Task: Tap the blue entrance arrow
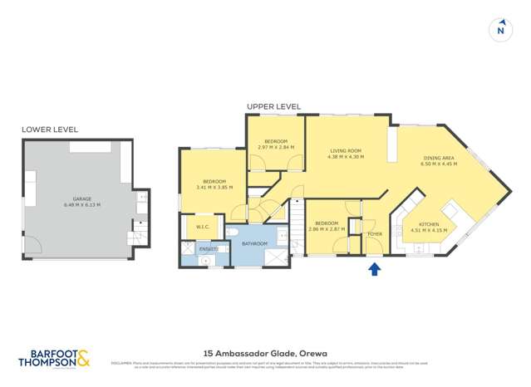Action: (375, 269)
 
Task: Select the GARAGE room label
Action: (81, 199)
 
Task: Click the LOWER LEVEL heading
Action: (50, 130)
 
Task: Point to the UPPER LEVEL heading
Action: (273, 106)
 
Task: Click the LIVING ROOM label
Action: (346, 151)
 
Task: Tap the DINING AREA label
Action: (439, 158)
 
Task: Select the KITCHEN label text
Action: (429, 224)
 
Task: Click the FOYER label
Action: (374, 234)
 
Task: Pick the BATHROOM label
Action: (254, 243)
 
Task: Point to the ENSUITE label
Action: (207, 249)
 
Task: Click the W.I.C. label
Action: (202, 226)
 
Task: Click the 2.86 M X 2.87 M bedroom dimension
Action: (326, 228)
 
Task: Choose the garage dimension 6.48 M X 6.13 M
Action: (81, 205)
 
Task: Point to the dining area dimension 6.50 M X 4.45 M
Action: (439, 164)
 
